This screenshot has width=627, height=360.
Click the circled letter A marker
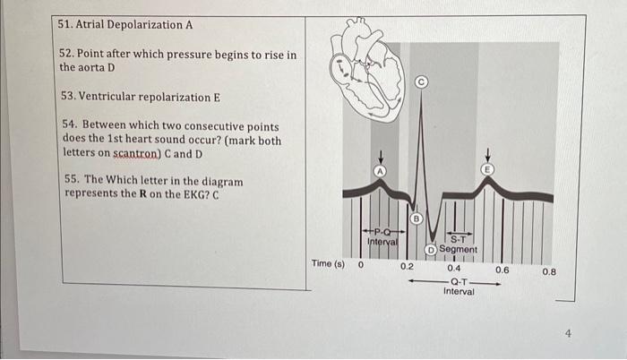[381, 171]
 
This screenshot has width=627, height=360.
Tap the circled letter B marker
[417, 219]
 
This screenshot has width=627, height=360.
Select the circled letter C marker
[421, 82]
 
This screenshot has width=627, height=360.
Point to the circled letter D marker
[431, 250]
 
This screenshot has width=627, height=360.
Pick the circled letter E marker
[487, 169]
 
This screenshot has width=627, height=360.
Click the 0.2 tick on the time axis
[407, 266]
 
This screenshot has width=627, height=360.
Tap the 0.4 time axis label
[454, 268]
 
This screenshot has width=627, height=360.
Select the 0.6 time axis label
[502, 270]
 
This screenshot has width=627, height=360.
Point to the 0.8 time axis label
[549, 272]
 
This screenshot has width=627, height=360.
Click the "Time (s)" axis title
[328, 263]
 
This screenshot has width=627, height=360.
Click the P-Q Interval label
[382, 236]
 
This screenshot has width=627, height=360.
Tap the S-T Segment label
[459, 244]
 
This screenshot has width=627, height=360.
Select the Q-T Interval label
[459, 287]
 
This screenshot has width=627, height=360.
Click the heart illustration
[365, 70]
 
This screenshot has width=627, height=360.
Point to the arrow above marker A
[381, 158]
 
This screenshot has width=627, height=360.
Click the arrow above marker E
[487, 155]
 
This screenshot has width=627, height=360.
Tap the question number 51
[64, 24]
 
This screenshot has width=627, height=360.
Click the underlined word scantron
[136, 154]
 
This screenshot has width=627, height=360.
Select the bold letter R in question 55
[142, 194]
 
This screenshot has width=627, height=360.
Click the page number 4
[569, 333]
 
